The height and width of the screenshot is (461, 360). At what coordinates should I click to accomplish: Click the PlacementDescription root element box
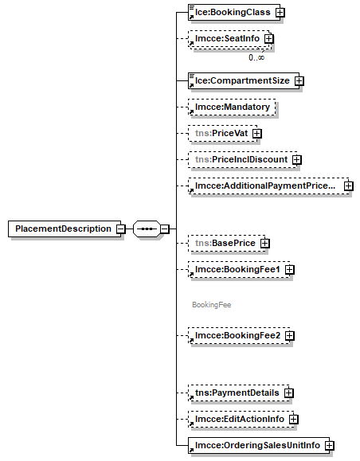click(x=65, y=229)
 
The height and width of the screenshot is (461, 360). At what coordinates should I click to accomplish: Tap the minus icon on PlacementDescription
click(x=120, y=229)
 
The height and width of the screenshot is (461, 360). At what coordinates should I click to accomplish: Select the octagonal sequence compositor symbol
click(x=147, y=229)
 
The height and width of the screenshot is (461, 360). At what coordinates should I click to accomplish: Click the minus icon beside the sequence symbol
click(x=165, y=229)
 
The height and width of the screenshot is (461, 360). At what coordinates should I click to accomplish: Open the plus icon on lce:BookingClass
click(x=280, y=13)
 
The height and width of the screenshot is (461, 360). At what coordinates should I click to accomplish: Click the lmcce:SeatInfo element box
click(x=229, y=38)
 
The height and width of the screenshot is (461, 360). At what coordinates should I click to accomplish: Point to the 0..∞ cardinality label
click(x=256, y=57)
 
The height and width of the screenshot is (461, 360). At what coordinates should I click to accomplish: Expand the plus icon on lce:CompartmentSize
click(x=299, y=81)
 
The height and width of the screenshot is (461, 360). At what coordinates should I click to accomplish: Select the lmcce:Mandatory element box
click(x=232, y=107)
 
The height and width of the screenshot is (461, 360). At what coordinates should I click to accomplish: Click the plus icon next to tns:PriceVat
click(x=257, y=134)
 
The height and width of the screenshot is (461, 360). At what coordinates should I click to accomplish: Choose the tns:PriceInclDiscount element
click(x=243, y=160)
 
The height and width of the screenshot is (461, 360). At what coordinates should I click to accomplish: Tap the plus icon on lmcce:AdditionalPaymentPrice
click(x=349, y=186)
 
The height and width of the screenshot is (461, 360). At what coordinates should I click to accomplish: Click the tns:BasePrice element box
click(x=226, y=243)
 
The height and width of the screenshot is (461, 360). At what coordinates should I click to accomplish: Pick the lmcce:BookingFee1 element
click(x=239, y=269)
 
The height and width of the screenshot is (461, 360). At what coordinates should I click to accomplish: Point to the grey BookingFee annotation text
click(x=212, y=305)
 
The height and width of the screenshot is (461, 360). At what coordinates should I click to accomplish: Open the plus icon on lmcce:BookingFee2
click(x=290, y=335)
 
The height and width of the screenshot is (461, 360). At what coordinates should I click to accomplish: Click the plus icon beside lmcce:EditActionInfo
click(x=294, y=419)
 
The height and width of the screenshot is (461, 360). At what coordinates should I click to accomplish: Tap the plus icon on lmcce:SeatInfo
click(x=269, y=38)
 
